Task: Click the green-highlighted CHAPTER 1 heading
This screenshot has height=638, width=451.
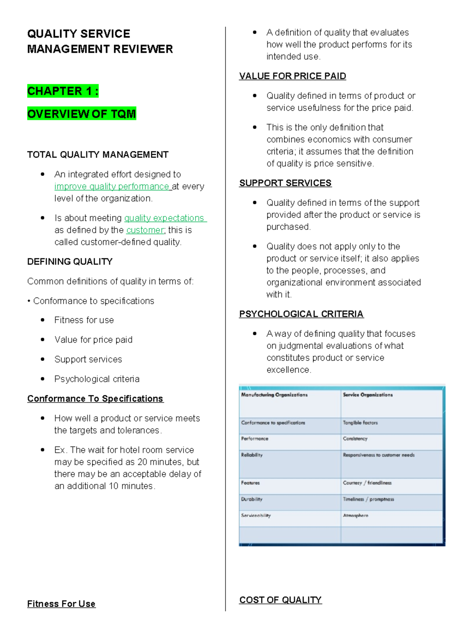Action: [63, 91]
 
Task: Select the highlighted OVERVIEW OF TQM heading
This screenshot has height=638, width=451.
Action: [82, 114]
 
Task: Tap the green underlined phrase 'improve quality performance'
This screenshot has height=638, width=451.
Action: [112, 187]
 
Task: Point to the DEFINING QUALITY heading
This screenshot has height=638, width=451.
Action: [70, 262]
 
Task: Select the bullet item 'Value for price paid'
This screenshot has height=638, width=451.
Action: [93, 340]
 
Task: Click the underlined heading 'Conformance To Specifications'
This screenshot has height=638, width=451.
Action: [95, 399]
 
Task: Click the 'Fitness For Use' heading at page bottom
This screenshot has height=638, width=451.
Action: [61, 604]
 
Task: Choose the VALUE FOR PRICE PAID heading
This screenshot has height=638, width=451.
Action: [292, 76]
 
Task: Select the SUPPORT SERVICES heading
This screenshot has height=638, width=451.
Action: [285, 183]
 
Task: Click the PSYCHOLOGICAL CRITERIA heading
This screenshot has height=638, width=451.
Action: [301, 314]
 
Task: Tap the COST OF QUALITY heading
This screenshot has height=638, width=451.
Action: [280, 600]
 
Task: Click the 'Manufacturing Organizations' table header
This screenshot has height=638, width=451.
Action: [274, 395]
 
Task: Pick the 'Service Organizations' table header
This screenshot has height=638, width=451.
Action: [368, 395]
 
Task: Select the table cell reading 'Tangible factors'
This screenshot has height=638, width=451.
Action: [360, 423]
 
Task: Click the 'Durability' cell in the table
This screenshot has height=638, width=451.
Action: [252, 499]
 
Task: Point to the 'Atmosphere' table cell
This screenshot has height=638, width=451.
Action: [356, 515]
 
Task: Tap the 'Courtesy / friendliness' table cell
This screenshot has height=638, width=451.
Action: [367, 483]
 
